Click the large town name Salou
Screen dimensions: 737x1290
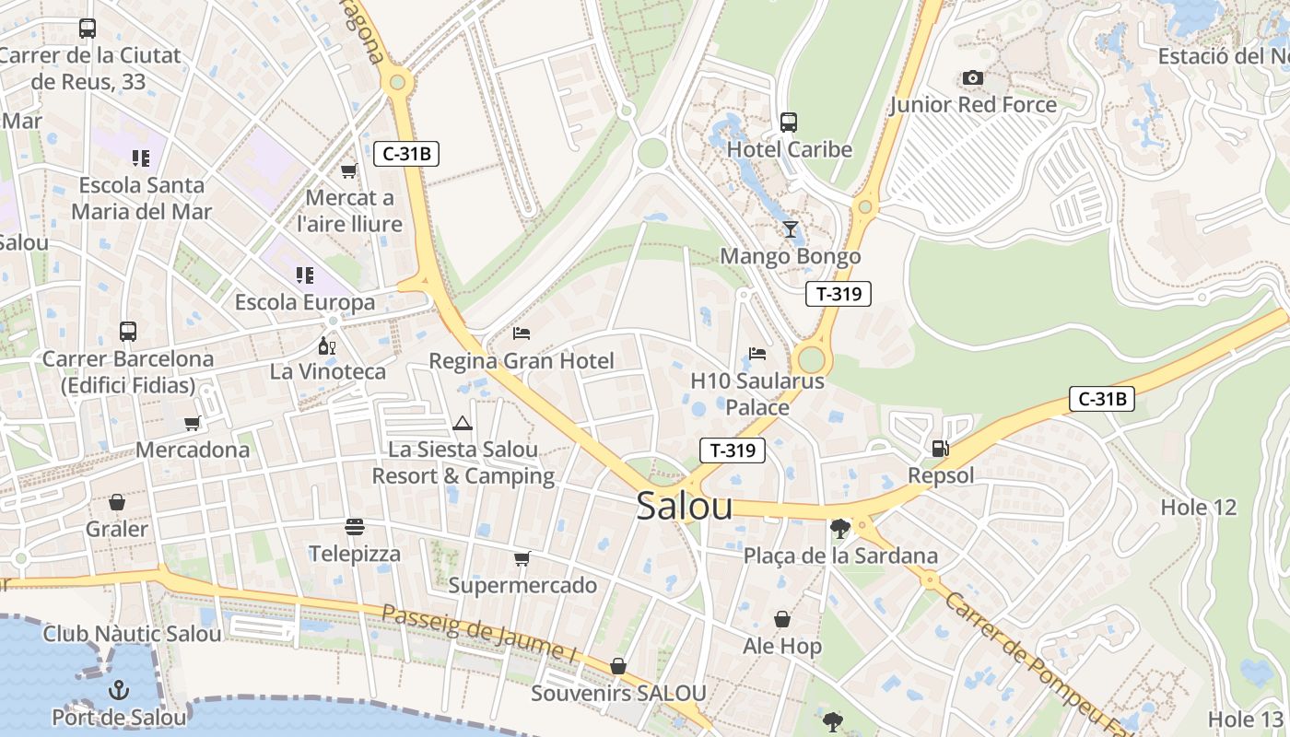684,507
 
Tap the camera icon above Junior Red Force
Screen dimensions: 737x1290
972,78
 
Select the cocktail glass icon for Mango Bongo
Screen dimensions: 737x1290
790,229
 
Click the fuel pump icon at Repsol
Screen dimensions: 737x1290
940,449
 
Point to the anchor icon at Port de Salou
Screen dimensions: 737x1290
119,690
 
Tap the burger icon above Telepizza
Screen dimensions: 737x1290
355,527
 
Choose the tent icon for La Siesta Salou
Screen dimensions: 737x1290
463,423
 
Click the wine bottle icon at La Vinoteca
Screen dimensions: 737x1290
326,345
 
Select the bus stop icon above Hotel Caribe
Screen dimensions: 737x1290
789,122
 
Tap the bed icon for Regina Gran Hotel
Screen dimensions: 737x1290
522,333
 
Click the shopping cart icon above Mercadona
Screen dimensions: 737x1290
192,423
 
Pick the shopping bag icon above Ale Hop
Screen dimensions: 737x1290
782,619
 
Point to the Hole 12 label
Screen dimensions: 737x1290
1198,508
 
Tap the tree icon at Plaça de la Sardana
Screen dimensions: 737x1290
839,529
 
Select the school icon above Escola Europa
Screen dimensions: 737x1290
305,275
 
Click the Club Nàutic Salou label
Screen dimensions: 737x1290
132,634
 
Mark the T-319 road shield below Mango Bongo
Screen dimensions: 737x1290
838,294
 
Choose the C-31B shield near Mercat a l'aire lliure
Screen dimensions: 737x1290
405,154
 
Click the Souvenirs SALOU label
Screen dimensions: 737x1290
618,693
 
